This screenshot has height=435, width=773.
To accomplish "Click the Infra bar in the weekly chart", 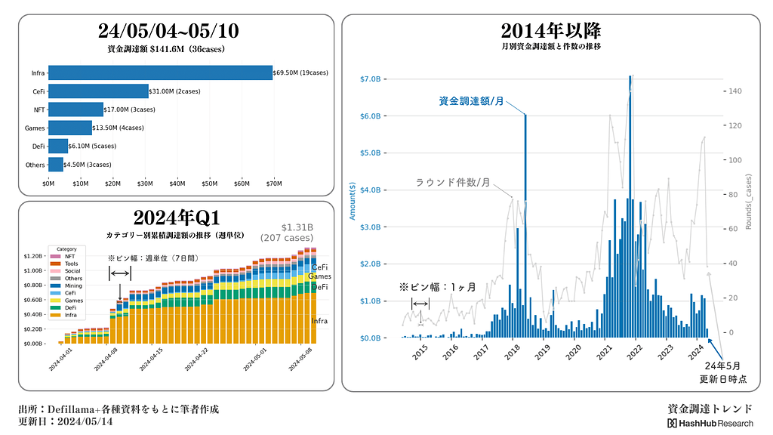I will coord(160,72).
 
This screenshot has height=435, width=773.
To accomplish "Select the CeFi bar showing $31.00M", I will coord(98,91).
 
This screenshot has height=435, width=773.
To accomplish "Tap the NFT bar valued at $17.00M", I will coord(75,110).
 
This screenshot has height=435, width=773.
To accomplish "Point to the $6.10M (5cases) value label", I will coord(92,146).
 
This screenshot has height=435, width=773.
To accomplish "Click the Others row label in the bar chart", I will coord(35,164).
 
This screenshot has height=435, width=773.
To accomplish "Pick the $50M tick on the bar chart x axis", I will coord(210,184).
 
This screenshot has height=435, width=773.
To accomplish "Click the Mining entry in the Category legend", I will coord(74,286).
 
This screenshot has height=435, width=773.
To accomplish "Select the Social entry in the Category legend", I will coord(72,270).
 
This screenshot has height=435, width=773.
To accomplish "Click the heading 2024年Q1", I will coord(176,217).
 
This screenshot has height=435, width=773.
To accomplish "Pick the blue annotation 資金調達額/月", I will coord(471,101).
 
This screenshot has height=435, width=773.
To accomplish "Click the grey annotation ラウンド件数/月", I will coord(452,183).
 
